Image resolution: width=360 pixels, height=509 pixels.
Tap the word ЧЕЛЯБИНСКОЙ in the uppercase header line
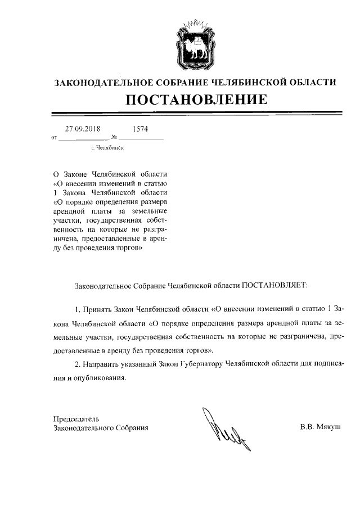(x=253, y=82)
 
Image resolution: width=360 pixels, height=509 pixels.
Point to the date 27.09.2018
(x=83, y=129)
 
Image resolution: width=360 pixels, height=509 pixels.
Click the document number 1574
(x=140, y=129)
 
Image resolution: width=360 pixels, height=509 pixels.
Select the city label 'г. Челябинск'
(x=107, y=148)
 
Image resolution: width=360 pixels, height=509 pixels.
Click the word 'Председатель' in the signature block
(x=76, y=419)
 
